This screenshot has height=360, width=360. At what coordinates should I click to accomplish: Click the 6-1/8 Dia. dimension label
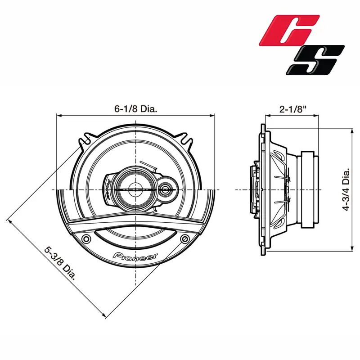point(136,108)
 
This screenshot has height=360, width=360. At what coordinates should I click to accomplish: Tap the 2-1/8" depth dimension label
point(293,109)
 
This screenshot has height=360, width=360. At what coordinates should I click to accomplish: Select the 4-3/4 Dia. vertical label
point(346,189)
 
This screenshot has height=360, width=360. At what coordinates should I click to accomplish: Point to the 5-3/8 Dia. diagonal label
point(60,263)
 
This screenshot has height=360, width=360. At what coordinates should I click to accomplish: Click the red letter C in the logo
point(289,30)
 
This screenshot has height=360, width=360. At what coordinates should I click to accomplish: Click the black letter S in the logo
point(315,60)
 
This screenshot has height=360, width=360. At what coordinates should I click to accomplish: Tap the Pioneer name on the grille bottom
point(135,256)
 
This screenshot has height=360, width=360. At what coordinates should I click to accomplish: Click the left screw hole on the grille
point(86,239)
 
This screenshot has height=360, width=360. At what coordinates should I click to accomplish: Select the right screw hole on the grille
point(185,239)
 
